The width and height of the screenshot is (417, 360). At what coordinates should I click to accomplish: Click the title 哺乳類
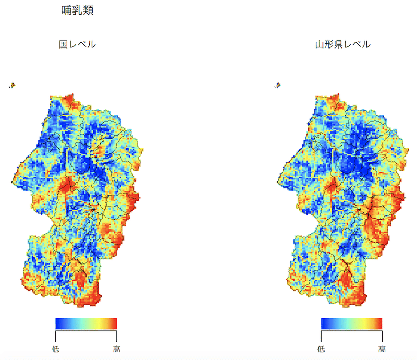[77, 11]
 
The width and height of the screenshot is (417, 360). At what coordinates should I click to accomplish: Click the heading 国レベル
[77, 44]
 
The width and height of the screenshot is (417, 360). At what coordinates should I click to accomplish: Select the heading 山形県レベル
[342, 44]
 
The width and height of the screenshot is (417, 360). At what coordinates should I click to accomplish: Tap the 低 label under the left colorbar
[55, 349]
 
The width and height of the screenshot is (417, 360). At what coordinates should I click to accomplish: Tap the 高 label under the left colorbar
[116, 349]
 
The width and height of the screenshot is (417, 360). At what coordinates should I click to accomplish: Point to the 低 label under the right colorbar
[321, 349]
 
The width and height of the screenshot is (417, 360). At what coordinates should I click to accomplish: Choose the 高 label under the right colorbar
[382, 349]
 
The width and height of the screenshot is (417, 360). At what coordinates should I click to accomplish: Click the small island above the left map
[12, 85]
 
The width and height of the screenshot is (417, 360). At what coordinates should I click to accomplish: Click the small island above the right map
[278, 85]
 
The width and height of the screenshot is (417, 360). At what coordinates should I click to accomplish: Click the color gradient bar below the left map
[86, 323]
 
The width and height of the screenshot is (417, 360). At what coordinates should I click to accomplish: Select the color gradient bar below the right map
[352, 323]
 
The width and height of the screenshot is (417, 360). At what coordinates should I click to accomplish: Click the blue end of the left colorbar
[58, 323]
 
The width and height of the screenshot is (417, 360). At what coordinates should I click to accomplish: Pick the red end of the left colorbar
[114, 323]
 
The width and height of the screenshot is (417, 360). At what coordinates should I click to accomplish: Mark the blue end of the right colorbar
[324, 323]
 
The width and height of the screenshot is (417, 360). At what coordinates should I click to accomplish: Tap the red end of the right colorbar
[379, 323]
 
